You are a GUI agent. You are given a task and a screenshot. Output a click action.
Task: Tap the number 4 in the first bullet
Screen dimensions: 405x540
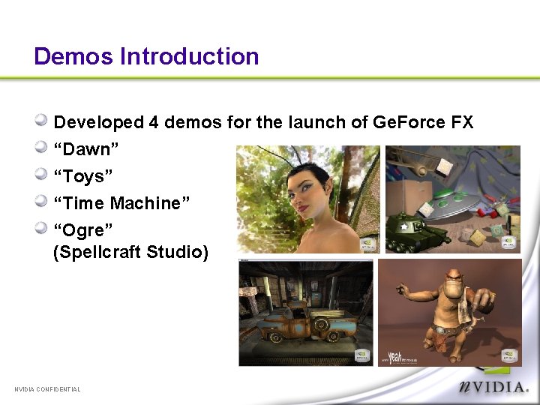153,122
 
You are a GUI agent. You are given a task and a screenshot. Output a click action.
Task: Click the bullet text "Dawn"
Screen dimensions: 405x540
82,149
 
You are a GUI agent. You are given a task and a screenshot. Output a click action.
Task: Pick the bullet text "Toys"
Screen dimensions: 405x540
83,176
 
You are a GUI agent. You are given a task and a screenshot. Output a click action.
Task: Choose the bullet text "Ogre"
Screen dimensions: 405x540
83,230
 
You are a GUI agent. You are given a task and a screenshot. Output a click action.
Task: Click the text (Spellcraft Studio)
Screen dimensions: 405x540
130,251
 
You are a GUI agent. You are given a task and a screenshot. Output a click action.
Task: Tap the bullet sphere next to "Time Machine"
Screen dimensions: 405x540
43,202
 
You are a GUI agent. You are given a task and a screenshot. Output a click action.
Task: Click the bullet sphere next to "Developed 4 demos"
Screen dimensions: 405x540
43,121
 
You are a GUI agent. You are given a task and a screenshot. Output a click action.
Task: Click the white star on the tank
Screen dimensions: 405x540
404,226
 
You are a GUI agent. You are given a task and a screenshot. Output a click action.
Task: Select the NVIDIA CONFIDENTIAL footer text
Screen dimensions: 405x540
47,388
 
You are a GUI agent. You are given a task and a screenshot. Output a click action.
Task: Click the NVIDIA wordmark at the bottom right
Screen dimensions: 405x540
494,388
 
